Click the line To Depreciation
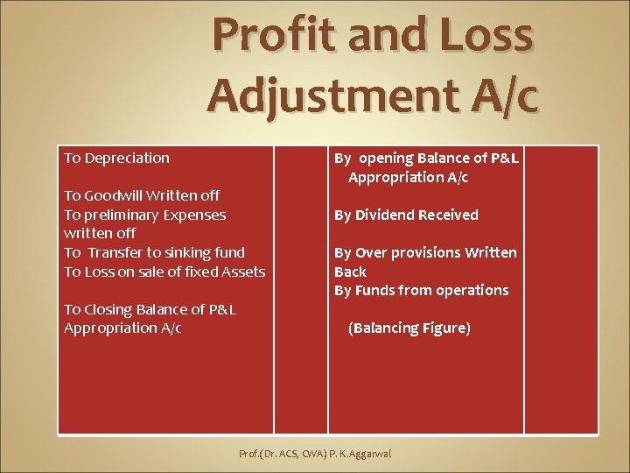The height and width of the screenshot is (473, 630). point(116,158)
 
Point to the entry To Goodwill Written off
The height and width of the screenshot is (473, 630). point(142,195)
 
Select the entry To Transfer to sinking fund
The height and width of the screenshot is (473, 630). point(154,252)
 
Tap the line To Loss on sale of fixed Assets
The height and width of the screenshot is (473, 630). point(164,272)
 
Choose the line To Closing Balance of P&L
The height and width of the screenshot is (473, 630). point(150,309)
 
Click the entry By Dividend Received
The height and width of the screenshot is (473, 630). point(406,215)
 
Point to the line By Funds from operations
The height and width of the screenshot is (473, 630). point(421,290)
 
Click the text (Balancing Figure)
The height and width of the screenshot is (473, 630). point(409,328)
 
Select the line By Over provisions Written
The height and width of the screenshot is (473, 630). point(425,252)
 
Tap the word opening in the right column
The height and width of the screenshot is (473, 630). point(385,158)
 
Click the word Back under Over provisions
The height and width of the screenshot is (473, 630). point(350,272)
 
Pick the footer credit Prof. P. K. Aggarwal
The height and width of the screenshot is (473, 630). point(315,454)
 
